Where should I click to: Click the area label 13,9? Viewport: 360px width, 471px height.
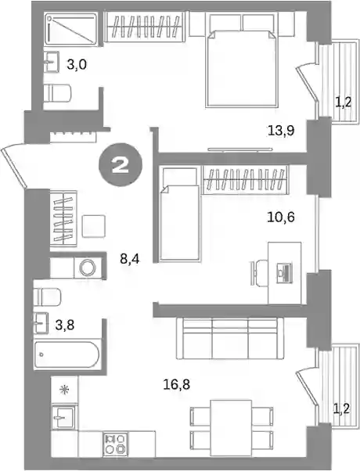[281, 131]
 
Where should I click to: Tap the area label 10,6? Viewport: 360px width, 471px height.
[281, 217]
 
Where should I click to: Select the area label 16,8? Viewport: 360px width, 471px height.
[177, 384]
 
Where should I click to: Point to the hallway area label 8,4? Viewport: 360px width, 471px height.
[130, 259]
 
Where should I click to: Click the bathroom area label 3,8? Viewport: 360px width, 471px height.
[65, 325]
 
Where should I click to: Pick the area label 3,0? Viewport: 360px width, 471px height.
[77, 64]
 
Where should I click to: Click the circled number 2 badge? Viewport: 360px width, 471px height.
[121, 166]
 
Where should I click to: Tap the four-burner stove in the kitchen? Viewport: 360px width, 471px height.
[115, 444]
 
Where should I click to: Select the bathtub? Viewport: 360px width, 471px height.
[67, 354]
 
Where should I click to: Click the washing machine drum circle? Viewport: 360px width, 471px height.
[88, 267]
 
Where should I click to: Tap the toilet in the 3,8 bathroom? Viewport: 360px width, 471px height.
[48, 297]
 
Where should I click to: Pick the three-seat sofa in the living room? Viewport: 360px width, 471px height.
[231, 339]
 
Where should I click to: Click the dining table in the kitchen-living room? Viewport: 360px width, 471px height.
[231, 428]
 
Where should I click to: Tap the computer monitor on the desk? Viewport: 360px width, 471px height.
[284, 272]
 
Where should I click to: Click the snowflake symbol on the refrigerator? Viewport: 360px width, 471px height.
[64, 390]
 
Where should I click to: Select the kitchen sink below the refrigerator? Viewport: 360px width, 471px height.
[63, 417]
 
